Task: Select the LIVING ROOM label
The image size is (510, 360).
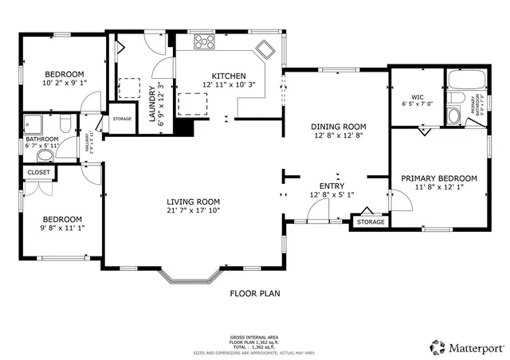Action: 193,202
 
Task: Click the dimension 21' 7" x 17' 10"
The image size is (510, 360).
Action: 193,211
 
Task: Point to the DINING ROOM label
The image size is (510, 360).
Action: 339,127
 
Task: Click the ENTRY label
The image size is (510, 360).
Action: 331,186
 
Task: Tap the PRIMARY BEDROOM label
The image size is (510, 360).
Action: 439,178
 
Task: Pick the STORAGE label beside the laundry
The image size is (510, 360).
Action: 122,119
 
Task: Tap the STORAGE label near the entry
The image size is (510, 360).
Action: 371,221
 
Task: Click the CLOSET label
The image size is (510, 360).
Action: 38,172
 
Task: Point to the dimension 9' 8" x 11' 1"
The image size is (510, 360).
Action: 62,229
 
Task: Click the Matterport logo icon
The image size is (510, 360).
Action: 436,346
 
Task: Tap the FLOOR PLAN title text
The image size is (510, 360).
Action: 255,293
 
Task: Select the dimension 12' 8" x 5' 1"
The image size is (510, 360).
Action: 331,195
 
